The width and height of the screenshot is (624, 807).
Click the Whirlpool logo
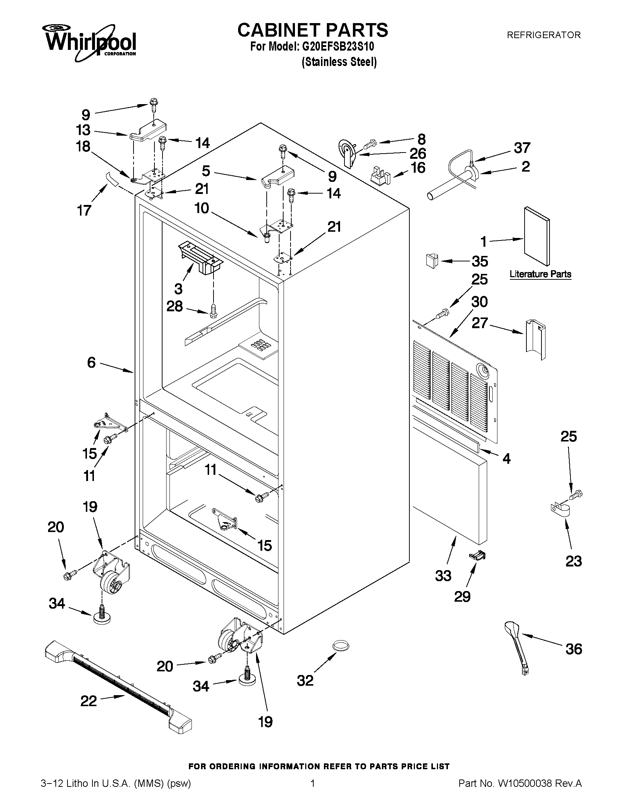90,43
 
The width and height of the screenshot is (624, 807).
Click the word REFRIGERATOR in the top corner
543,35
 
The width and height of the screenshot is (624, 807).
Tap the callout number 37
522,148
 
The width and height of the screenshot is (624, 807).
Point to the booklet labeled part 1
536,236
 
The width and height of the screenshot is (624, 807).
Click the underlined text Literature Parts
540,274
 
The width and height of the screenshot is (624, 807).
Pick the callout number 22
89,701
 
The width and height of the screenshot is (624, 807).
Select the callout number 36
574,649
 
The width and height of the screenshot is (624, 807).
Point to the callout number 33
443,576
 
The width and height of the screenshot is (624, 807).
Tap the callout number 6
91,363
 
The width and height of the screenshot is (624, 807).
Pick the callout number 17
84,210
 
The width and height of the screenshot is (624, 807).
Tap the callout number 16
419,168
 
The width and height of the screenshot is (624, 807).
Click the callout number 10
202,208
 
